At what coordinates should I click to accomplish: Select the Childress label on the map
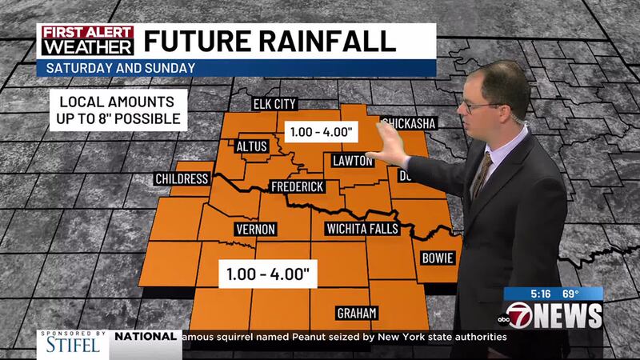[x=182, y=178]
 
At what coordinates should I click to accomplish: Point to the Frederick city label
[x=297, y=186]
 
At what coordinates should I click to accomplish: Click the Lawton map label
[x=352, y=162]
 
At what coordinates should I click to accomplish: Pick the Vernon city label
[x=256, y=230]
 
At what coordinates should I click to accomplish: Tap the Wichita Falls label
[x=367, y=230]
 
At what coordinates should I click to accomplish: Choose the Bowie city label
[x=438, y=258]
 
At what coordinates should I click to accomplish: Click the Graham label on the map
[x=356, y=312]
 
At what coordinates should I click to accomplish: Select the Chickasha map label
[x=408, y=123]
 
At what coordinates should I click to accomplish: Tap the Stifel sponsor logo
[x=70, y=343]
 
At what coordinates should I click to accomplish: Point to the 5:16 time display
[x=524, y=294]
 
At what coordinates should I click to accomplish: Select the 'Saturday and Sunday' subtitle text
[x=120, y=68]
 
